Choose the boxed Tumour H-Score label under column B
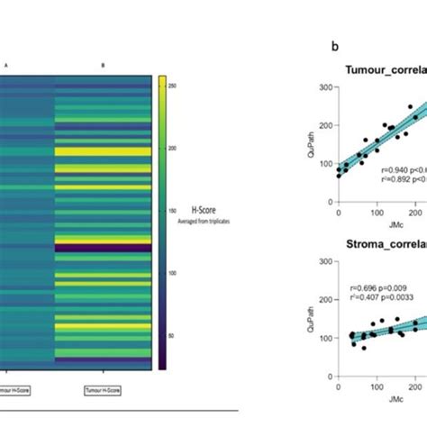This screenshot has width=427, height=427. pyautogui.click(x=103, y=389)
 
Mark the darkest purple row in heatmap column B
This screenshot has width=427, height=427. pyautogui.click(x=104, y=246)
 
